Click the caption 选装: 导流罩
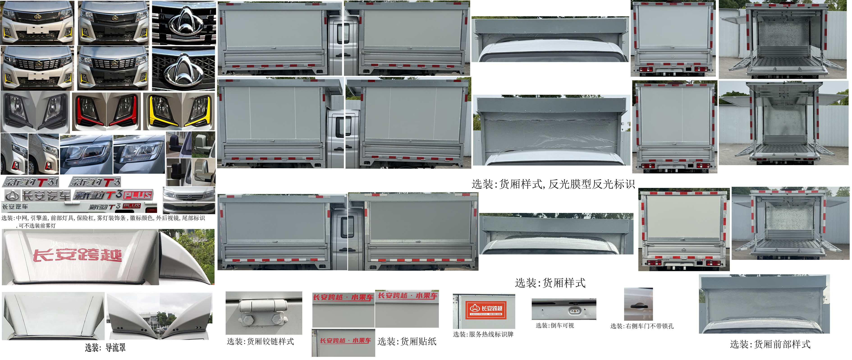click(105, 347)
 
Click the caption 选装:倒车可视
click(555, 325)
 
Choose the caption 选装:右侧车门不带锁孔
click(642, 326)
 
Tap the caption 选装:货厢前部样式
click(770, 344)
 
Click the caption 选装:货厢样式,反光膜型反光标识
click(553, 184)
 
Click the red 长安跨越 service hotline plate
click(486, 309)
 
